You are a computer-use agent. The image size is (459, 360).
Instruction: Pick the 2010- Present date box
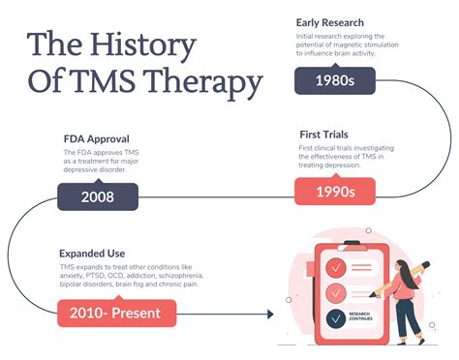pos(117,313)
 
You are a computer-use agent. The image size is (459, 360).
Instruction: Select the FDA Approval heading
pos(97,137)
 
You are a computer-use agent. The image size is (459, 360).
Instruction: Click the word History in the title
pos(142,45)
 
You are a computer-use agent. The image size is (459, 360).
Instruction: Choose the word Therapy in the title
pos(208,83)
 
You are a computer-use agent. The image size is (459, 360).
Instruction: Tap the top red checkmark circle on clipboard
pos(335,266)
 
